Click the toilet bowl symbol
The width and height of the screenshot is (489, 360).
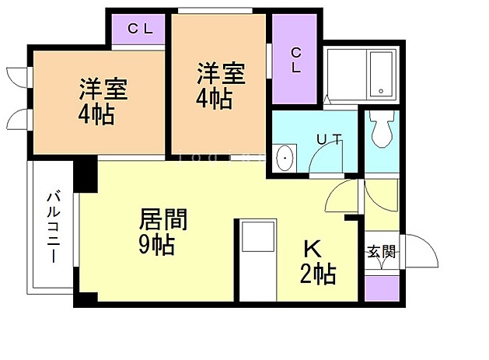[381, 129]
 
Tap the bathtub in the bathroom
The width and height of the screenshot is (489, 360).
[381, 74]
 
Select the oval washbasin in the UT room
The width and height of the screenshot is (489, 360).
[285, 158]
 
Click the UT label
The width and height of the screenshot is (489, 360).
[330, 139]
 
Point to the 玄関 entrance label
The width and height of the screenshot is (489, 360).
[382, 252]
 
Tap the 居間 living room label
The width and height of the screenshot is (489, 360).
[163, 219]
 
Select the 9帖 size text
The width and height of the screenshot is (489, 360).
[156, 244]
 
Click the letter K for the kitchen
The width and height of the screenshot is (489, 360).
[313, 250]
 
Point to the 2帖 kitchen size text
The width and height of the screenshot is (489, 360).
[318, 274]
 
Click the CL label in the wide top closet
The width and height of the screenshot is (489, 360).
[140, 29]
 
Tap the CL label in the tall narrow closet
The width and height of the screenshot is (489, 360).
[295, 60]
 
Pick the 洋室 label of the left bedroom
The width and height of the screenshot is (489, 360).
[103, 89]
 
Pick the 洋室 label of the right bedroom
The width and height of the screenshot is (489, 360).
[221, 73]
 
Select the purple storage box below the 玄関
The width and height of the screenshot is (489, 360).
[382, 288]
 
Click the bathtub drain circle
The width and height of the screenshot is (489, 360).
[381, 91]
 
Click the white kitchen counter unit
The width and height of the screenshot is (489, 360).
[258, 260]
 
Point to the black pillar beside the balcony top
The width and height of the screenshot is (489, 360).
[86, 174]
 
